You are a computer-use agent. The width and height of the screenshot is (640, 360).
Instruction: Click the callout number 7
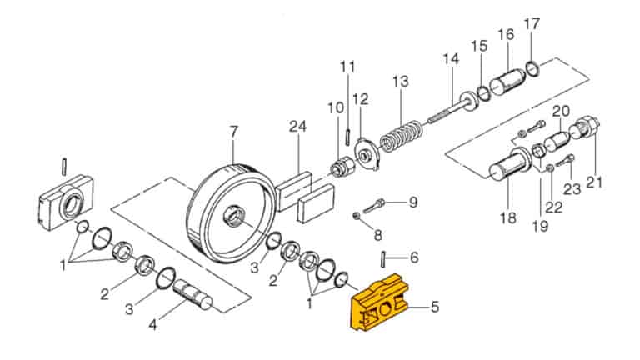click(233, 131)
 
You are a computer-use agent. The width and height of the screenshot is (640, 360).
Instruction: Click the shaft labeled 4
click(192, 294)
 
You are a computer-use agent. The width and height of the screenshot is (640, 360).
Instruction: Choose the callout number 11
click(347, 66)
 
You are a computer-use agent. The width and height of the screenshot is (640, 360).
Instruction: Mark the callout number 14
click(451, 59)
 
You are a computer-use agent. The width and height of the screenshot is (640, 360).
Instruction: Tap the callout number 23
click(572, 188)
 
